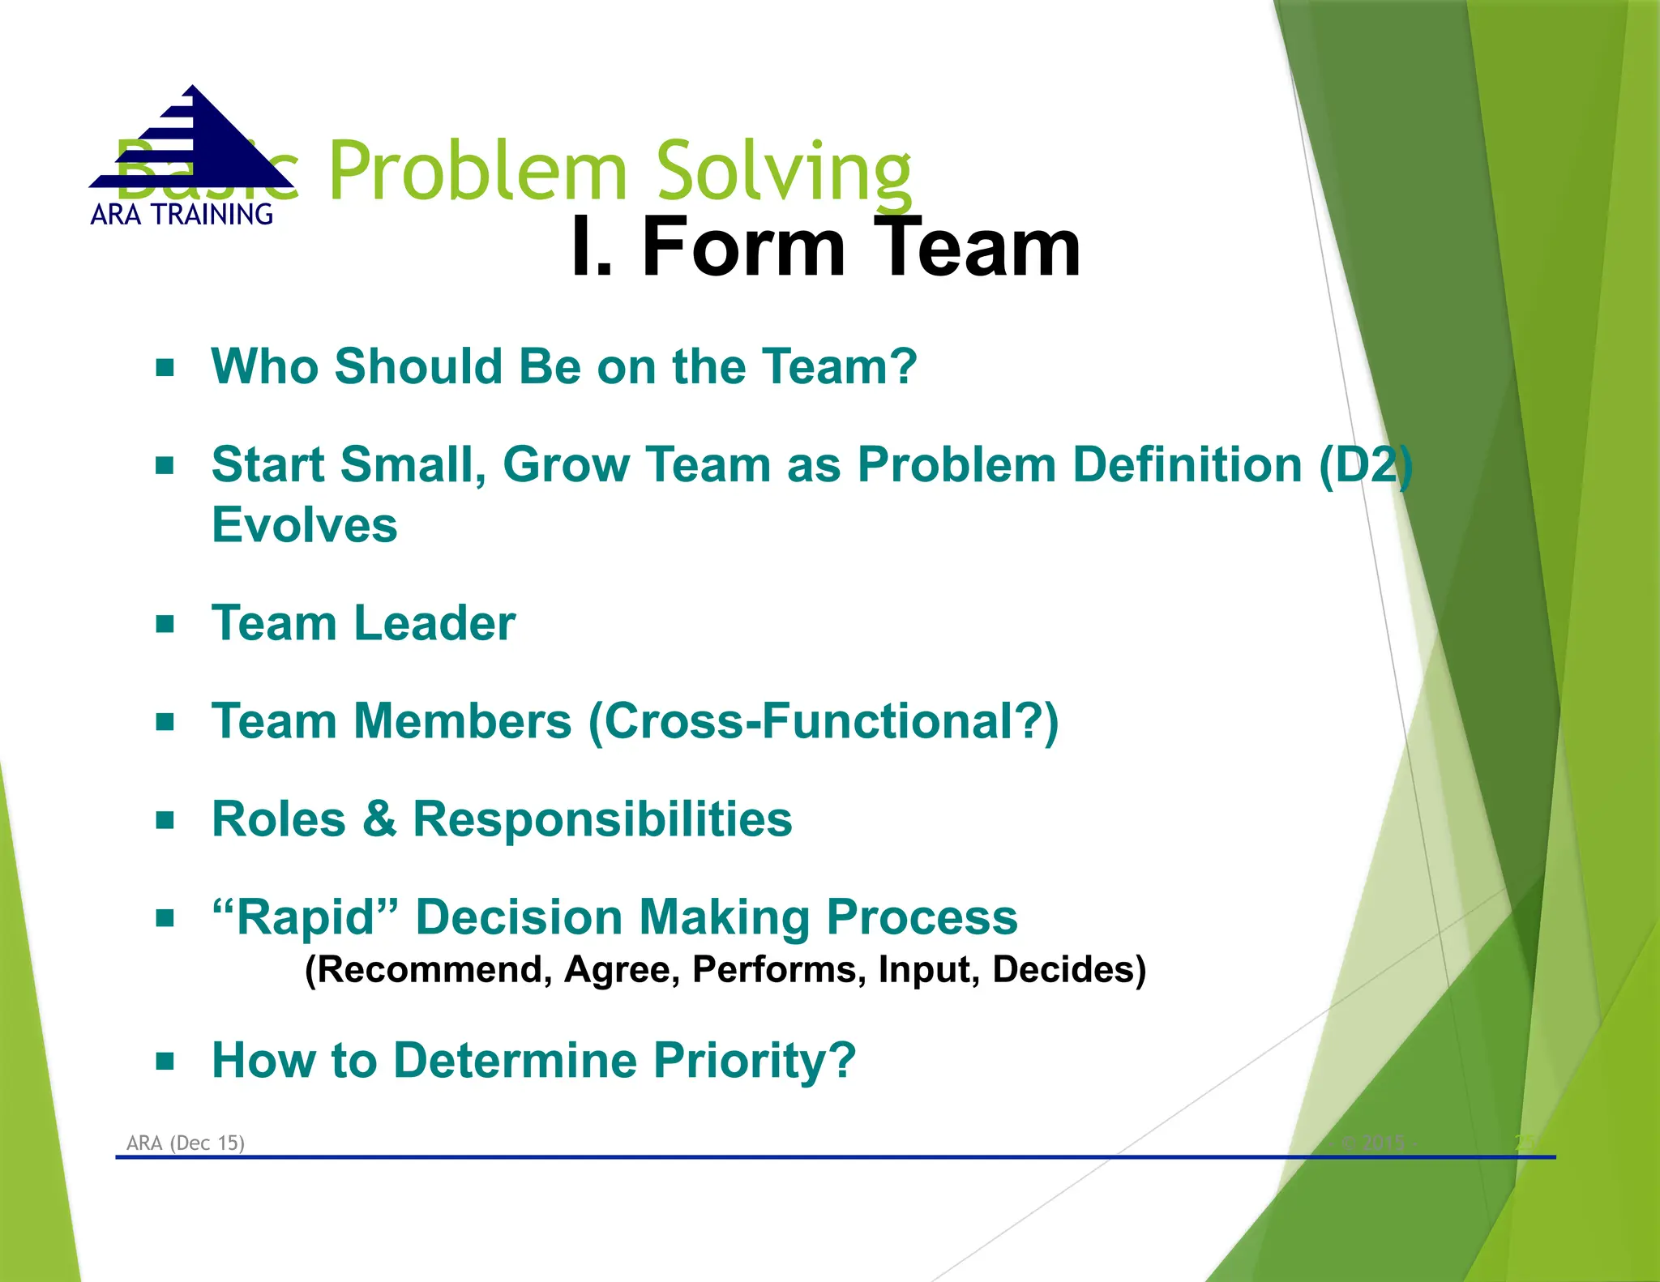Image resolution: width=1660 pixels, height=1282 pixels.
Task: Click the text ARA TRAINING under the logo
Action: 182,215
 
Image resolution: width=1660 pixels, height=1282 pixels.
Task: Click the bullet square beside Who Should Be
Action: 165,368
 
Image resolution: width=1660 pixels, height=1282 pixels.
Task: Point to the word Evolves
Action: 305,525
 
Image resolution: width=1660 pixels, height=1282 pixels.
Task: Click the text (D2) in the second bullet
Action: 1366,465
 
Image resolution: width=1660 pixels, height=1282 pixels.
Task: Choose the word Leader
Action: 434,623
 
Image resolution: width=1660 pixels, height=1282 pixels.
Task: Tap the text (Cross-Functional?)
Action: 824,721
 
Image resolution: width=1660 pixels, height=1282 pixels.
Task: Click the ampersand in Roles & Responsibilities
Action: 379,819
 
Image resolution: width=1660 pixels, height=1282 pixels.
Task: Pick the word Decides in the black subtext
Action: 1068,970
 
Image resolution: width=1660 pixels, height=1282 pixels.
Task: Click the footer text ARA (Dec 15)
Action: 186,1143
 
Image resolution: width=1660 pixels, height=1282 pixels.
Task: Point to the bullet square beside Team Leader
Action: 165,624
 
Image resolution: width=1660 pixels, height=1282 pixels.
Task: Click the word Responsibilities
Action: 602,819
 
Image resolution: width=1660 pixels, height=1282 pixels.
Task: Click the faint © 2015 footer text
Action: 1373,1143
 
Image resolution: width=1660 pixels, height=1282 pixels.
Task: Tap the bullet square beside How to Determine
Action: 165,1061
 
